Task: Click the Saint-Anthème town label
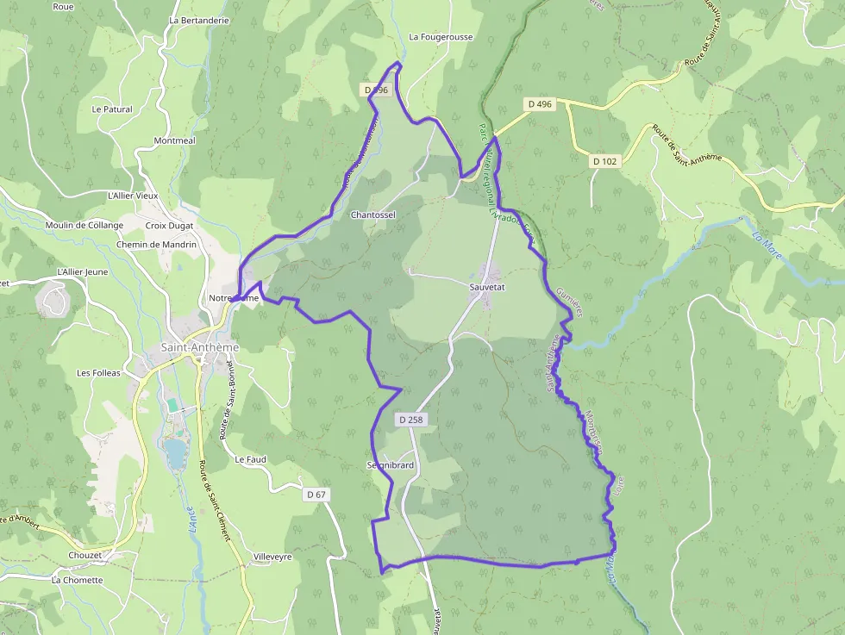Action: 199,347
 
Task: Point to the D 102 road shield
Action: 606,161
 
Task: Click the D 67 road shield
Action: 316,495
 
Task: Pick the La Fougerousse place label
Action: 441,37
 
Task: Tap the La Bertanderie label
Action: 199,20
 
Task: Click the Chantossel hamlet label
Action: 372,215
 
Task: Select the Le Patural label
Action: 112,109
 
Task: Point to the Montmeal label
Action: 174,140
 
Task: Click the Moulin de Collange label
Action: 84,226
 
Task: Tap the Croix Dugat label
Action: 170,226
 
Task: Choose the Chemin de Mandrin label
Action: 156,245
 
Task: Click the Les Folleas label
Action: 99,373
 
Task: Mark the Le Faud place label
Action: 250,459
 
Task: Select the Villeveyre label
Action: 272,557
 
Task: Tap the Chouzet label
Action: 85,556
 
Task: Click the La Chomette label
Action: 78,580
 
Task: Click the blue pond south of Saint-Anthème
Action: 177,451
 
